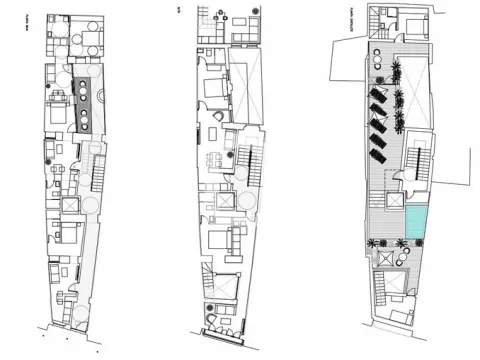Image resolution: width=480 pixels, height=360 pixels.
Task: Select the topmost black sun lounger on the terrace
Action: (378, 95)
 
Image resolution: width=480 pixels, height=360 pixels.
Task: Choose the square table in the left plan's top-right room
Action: (91, 40)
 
